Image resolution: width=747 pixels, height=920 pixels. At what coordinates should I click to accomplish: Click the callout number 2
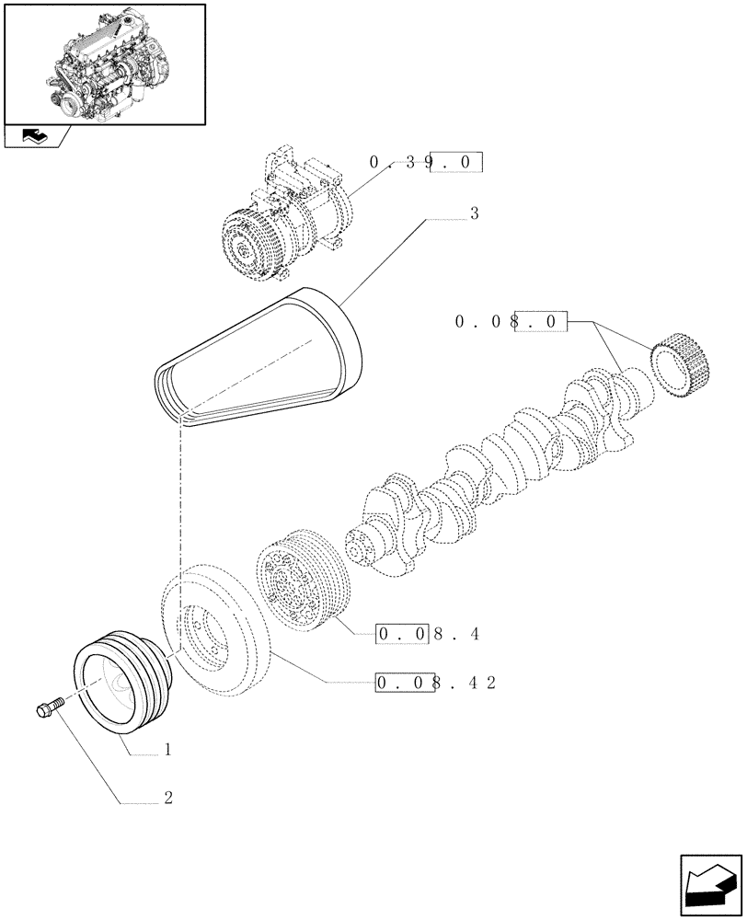[x=168, y=799]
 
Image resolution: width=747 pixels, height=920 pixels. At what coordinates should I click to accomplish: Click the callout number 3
[x=474, y=214]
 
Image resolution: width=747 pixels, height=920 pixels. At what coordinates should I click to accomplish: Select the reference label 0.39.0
[x=425, y=163]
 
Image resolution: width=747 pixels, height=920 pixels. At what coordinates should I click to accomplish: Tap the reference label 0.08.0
[x=511, y=322]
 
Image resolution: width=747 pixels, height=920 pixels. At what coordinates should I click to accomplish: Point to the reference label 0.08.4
[x=428, y=634]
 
